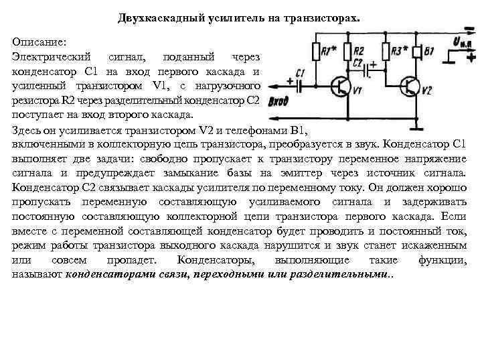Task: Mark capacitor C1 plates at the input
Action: coord(299,85)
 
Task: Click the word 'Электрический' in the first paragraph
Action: coord(51,58)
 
